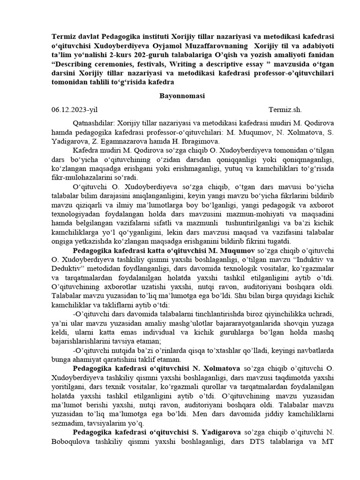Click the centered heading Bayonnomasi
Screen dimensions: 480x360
coord(182,96)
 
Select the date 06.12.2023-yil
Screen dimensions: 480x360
coord(75,110)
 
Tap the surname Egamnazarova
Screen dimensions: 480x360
coord(117,142)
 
